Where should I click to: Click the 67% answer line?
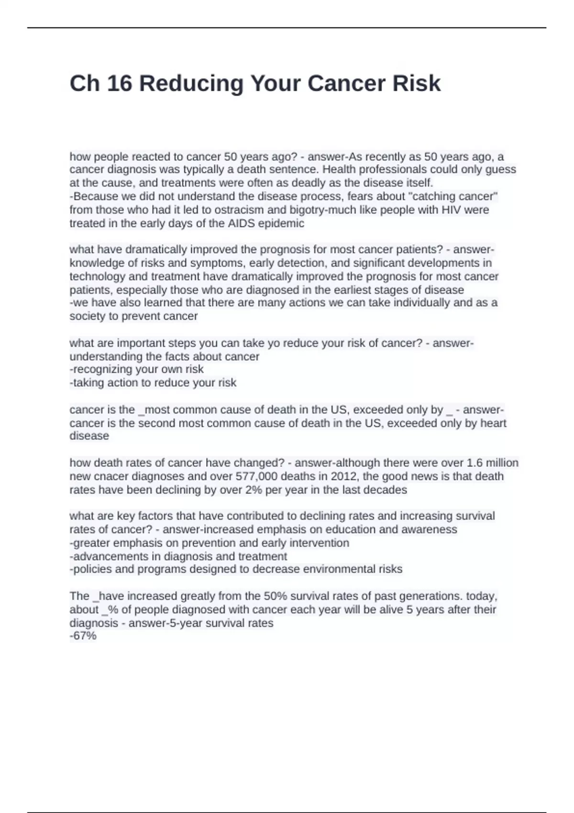pos(83,636)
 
